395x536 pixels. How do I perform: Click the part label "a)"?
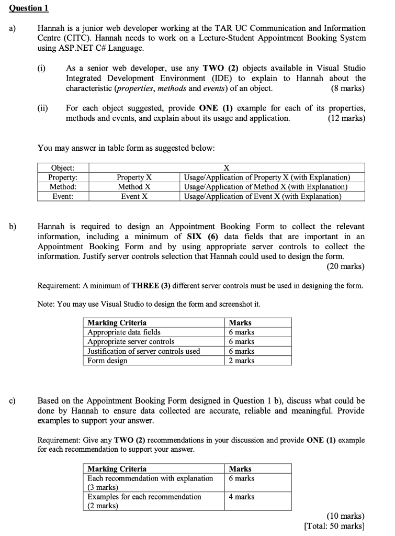click(12, 28)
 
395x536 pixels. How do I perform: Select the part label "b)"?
click(12, 227)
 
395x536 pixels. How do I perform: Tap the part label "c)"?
click(12, 401)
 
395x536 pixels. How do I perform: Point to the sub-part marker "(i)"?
click(41, 68)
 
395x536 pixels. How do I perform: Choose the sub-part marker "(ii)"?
click(42, 108)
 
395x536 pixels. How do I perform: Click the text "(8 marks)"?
click(348, 88)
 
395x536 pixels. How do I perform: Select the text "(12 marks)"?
click(346, 118)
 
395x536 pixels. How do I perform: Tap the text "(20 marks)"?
click(346, 266)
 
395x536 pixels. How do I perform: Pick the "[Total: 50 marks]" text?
click(334, 526)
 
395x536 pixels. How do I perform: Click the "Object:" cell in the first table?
click(62, 168)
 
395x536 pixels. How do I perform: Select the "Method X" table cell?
click(134, 187)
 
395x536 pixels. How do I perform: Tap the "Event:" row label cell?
click(62, 196)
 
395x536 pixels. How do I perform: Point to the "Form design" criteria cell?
click(107, 360)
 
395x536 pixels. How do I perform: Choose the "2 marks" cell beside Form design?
click(242, 360)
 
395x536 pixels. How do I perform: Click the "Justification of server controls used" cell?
click(144, 351)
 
